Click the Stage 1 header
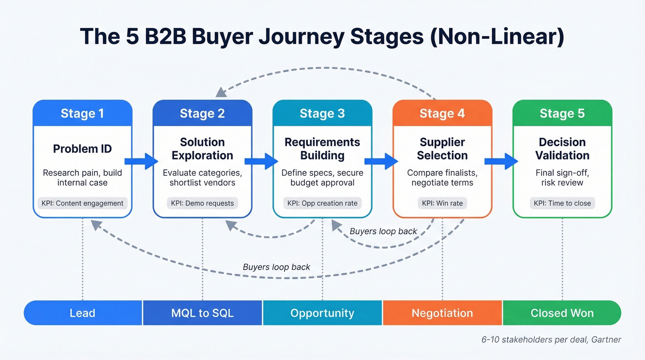point(82,113)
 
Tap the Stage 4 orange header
point(442,113)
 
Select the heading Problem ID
point(82,148)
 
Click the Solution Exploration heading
point(202,148)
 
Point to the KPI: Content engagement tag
point(82,203)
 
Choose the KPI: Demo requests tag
point(202,203)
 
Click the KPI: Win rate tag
point(442,203)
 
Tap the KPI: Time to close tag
point(562,203)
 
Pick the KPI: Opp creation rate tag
point(322,203)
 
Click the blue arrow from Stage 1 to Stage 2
point(142,161)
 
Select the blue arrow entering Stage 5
point(501,161)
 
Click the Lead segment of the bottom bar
point(82,313)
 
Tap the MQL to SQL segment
point(202,313)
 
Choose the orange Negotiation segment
point(442,313)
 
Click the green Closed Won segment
point(562,313)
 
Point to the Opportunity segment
point(322,313)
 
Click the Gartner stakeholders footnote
point(551,340)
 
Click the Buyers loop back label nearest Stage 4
point(383,231)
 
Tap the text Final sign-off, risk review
point(562,177)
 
